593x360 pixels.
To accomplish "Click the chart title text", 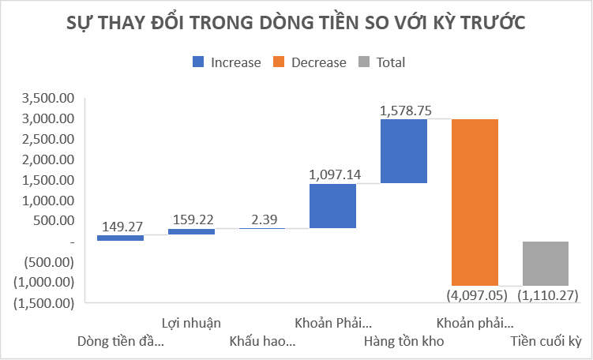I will tap(296, 24).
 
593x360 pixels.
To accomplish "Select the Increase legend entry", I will tap(225, 62).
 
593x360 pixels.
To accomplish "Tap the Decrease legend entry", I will tap(309, 62).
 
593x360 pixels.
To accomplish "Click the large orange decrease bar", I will tap(475, 201).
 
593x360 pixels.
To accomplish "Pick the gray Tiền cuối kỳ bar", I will tap(546, 263).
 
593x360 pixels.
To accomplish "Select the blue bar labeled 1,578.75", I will tap(403, 151).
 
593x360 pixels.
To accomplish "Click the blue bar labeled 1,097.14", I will tap(332, 205).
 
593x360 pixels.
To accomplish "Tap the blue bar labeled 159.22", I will tap(191, 231).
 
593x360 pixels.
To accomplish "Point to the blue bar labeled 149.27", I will tap(120, 238).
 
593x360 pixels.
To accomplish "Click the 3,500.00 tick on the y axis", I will tap(49, 99).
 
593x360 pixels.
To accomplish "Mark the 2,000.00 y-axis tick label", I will tap(49, 159).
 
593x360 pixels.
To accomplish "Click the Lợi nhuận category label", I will tap(191, 322).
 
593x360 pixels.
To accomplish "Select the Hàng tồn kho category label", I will tap(404, 342).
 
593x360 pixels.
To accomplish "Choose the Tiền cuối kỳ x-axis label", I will tap(546, 342).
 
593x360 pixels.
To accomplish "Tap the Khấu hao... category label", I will tap(262, 342).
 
